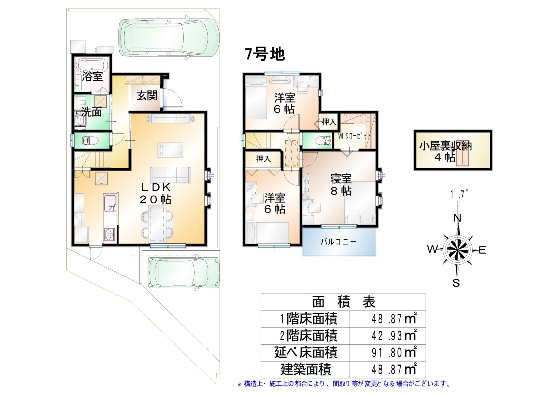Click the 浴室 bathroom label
(x=92, y=76)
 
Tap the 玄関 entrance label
(x=147, y=95)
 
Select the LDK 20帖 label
(x=155, y=193)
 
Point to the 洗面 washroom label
(x=91, y=112)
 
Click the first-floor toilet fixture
(x=90, y=141)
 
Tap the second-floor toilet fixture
(x=323, y=140)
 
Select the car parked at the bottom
(x=184, y=272)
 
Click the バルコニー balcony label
(x=338, y=242)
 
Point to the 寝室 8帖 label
(x=341, y=185)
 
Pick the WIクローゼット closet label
(x=354, y=136)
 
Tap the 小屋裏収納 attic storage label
(x=445, y=151)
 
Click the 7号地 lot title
(x=265, y=54)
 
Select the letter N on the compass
(x=457, y=218)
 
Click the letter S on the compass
(x=456, y=283)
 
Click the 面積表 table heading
(x=344, y=302)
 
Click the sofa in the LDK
(x=170, y=175)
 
